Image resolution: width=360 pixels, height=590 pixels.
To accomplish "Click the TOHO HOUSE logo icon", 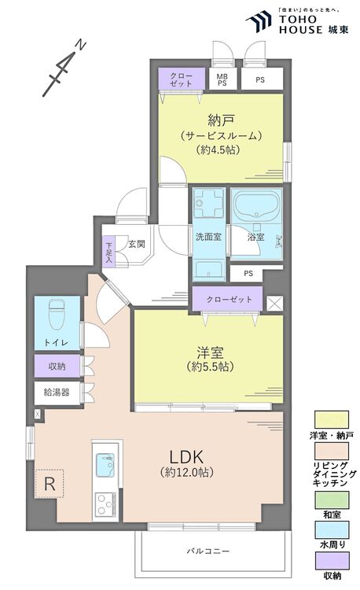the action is click(x=258, y=22).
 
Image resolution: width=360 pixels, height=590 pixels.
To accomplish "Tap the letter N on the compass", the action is click(x=81, y=46).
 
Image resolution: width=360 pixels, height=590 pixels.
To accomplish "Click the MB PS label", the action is click(x=222, y=79).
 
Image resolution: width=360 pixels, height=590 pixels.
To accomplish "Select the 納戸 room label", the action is click(x=222, y=121).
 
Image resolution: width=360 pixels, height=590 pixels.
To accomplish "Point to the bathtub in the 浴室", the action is click(x=257, y=205).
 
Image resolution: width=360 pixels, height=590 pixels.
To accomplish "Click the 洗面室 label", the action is click(x=208, y=237).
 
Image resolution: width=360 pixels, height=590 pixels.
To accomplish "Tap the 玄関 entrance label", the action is click(x=137, y=244).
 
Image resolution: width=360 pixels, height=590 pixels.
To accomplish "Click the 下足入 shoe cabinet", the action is click(x=109, y=252).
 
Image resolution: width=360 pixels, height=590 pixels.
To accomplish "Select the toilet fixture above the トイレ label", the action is click(x=57, y=313).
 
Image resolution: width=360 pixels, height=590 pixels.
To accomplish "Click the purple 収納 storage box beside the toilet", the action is click(x=57, y=366).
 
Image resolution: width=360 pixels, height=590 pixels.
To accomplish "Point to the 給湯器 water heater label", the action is click(x=57, y=393).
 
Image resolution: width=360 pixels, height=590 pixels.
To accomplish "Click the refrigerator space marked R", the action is click(x=50, y=484).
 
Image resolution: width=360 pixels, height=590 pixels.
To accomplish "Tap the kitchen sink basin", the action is click(x=105, y=464).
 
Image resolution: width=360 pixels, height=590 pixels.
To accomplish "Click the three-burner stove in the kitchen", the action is click(x=105, y=504).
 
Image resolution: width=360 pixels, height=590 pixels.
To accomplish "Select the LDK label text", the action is click(x=187, y=457).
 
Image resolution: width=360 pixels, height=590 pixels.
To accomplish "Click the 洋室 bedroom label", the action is click(x=210, y=352).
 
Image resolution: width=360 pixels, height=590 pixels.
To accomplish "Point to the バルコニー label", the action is click(x=208, y=551).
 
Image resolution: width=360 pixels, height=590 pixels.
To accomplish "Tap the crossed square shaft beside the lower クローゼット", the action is click(x=274, y=304).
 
